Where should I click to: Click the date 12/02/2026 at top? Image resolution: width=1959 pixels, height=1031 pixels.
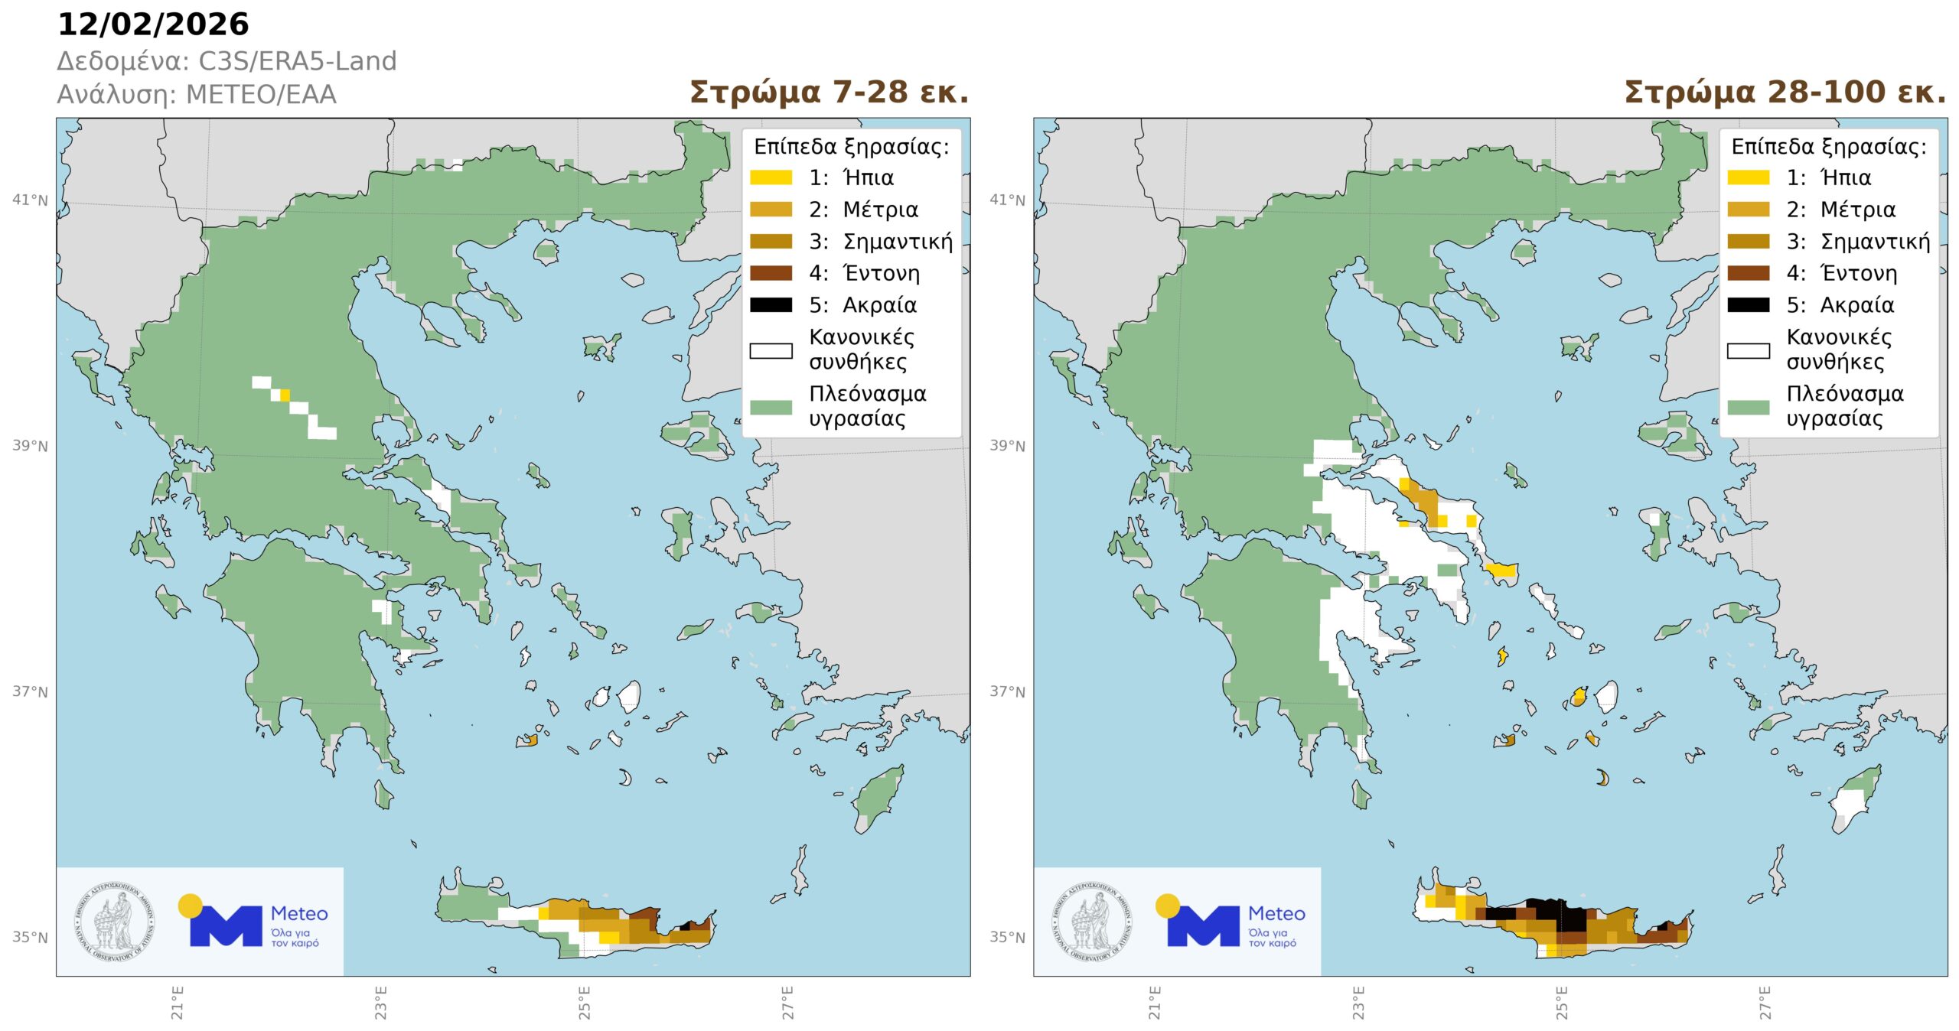tap(153, 24)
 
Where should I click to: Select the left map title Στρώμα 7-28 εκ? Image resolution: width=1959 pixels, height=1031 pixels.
tap(829, 93)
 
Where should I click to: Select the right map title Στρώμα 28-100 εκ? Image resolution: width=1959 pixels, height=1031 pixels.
tap(1785, 93)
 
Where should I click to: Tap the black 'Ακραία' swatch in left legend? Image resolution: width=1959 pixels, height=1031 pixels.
tap(770, 305)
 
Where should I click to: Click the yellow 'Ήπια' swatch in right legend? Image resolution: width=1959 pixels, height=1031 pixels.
tap(1748, 177)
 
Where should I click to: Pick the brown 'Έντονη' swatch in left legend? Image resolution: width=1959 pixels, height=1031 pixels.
tap(770, 273)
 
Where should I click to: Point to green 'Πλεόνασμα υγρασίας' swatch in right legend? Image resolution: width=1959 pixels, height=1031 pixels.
tap(1748, 407)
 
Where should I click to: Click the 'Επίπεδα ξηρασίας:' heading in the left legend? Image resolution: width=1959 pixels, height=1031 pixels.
tap(851, 146)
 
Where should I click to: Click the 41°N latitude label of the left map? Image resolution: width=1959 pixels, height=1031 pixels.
tap(30, 200)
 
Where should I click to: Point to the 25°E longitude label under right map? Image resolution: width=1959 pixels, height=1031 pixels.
tap(1561, 1003)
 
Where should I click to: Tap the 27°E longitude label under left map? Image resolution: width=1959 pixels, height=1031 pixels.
tap(787, 1003)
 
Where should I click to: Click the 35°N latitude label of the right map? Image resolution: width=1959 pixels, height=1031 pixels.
tap(1007, 938)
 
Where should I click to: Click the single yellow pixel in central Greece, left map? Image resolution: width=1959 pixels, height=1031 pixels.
tap(285, 395)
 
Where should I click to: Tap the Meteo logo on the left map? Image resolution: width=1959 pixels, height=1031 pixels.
tap(253, 922)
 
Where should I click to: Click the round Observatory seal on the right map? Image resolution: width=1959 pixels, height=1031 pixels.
tap(1092, 922)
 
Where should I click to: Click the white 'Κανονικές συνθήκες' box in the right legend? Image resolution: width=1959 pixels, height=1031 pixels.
tap(1748, 351)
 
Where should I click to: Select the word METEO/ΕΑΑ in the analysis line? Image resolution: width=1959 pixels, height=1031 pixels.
tap(261, 95)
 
